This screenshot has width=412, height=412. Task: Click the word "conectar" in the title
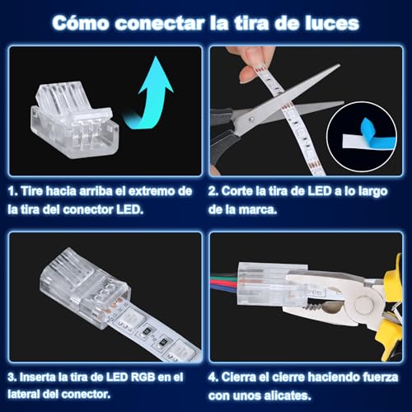point(160,23)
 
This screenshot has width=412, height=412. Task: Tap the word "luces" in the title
point(332,23)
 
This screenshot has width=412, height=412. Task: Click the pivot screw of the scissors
point(250,119)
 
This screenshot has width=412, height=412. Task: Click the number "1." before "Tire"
point(12,191)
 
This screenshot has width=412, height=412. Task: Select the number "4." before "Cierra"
point(213,377)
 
